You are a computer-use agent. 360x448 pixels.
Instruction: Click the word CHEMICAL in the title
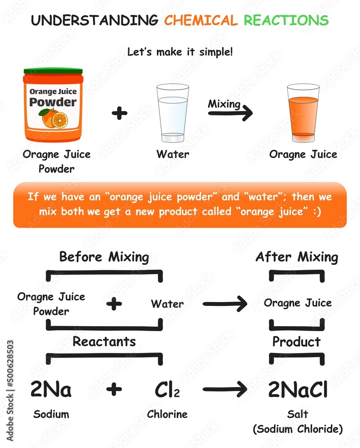coord(201,20)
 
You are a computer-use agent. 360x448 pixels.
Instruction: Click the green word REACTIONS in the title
coord(286,20)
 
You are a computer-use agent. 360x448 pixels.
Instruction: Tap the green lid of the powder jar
coord(53,71)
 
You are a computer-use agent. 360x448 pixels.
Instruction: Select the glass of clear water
coord(173,112)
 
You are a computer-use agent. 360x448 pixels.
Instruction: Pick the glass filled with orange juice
coord(303,112)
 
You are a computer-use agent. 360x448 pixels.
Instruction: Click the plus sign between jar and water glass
coord(119,113)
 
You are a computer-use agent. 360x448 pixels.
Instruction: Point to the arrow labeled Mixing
coord(230,113)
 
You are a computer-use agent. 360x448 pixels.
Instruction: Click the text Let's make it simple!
coord(180,52)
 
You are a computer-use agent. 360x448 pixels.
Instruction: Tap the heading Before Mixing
coord(104,257)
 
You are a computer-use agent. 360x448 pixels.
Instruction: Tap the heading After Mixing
coord(296,257)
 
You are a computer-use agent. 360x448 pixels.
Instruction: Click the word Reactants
coord(104,342)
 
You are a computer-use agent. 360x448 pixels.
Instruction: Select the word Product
coord(296,342)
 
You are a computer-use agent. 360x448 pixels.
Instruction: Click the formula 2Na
coord(51,389)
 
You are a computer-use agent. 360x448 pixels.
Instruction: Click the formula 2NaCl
coord(298,389)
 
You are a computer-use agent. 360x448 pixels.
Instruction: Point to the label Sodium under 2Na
coord(51,414)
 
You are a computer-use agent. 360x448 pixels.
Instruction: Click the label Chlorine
coord(167,414)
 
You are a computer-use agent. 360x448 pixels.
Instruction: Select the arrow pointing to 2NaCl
coord(225,389)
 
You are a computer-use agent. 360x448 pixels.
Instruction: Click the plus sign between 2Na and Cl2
coord(114,389)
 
